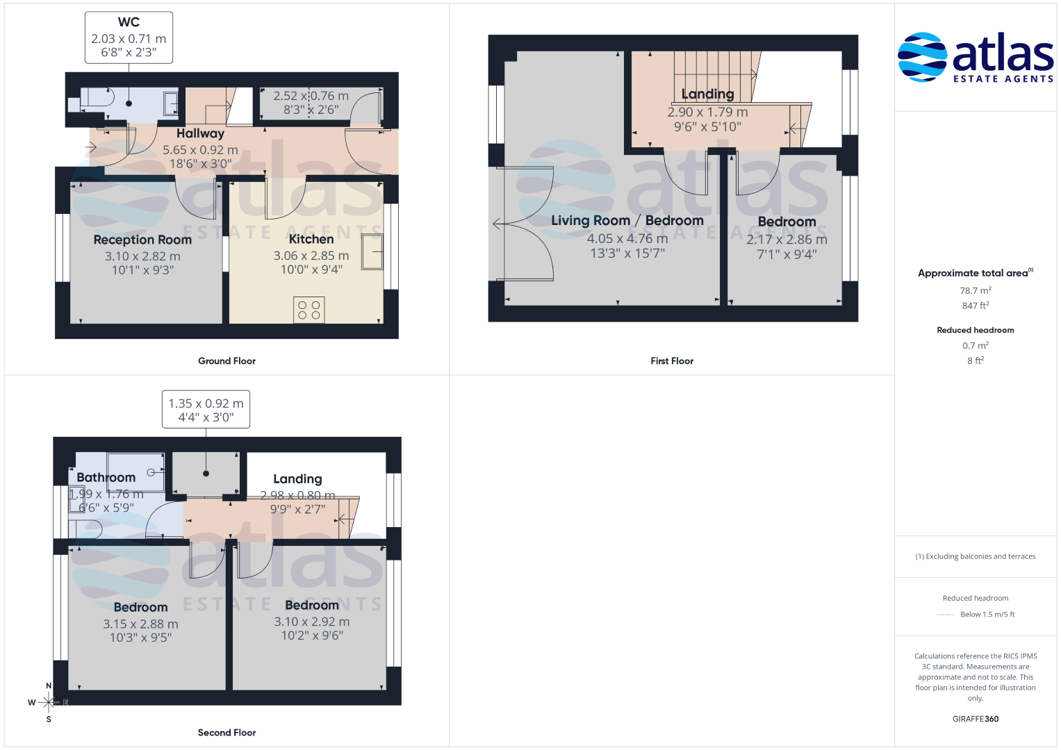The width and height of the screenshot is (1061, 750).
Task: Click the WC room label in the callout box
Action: pos(129,22)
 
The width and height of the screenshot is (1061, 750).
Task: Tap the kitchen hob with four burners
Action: pos(309,310)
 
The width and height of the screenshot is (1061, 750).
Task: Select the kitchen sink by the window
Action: pos(372,252)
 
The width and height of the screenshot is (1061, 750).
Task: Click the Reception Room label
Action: pos(142,240)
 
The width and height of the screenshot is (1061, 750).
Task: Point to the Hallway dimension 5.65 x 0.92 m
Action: pos(200,150)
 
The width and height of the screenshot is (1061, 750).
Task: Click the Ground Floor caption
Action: pos(227,361)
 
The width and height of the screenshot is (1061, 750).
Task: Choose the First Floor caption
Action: pos(672,361)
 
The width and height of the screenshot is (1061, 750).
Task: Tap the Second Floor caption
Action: pos(227,733)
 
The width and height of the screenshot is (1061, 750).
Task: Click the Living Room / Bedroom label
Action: pos(627,221)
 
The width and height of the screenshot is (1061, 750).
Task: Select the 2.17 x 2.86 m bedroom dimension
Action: pos(787,240)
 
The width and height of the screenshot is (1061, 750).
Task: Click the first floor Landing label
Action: pos(707,94)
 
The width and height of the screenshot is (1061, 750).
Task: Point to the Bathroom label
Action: pos(106,477)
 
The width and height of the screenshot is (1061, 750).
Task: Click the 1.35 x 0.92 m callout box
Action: pos(206,410)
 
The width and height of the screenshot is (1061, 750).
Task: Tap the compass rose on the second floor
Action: pos(49,702)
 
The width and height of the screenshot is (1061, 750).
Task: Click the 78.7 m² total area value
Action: pos(976,290)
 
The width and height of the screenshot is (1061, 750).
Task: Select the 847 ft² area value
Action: pos(976,306)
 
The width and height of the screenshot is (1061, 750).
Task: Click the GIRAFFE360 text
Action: pos(976,719)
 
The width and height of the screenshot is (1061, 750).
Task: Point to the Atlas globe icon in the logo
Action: pos(922,57)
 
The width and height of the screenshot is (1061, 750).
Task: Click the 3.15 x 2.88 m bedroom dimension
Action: pos(140,624)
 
